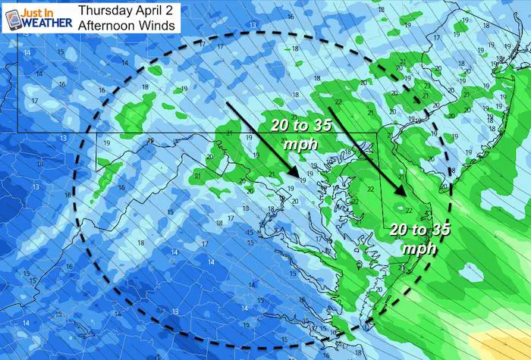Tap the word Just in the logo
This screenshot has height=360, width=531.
coord(34,10)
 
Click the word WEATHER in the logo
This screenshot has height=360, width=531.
coord(48,23)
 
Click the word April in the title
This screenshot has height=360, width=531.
coord(150,11)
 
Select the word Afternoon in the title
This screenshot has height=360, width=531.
coord(110,26)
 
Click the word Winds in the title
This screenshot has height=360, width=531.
coord(159,26)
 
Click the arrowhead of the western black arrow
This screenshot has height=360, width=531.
coord(293,179)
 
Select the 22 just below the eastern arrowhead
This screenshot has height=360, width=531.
coord(409,211)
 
